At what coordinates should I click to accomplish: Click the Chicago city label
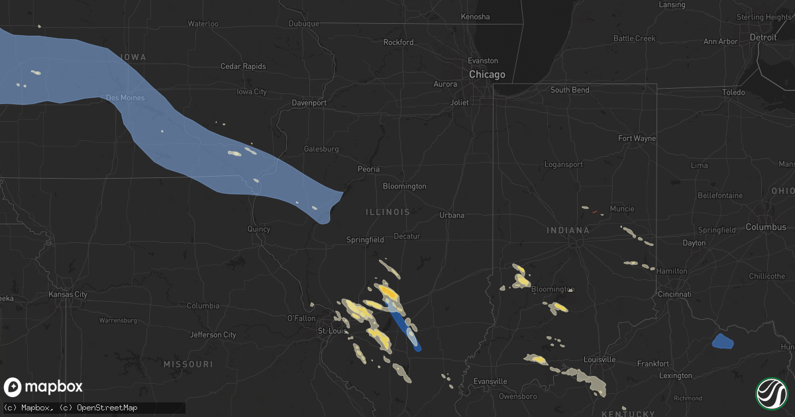[487, 75]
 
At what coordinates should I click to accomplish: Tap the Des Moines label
[125, 98]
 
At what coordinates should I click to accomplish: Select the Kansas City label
[68, 294]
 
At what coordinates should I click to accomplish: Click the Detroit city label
[763, 38]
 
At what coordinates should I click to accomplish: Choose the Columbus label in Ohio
[766, 227]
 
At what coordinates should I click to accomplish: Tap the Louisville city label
[600, 359]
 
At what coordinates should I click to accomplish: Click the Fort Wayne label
[637, 138]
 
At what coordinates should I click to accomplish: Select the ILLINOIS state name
[388, 212]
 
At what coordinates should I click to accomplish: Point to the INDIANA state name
[568, 230]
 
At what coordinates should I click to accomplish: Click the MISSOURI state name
[189, 364]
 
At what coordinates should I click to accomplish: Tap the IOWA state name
[133, 58]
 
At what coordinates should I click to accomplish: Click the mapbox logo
[43, 387]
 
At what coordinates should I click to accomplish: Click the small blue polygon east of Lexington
[723, 342]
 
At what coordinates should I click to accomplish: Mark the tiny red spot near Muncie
[594, 212]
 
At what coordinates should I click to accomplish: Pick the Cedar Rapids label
[243, 66]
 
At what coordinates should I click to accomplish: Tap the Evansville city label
[491, 381]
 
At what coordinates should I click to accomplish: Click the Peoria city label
[368, 169]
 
